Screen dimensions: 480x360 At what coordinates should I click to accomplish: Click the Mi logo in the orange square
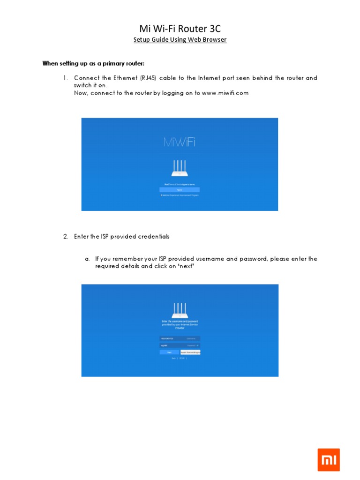tap(328, 460)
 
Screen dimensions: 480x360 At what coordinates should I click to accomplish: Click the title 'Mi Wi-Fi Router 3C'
tap(180, 29)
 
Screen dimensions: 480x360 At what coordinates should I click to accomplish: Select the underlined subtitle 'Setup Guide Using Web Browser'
tap(180, 40)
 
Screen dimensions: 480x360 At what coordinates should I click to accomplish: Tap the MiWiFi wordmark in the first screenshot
tap(180, 142)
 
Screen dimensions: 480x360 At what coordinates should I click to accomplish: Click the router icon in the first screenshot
tap(180, 169)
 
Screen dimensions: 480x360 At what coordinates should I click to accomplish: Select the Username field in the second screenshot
tap(180, 338)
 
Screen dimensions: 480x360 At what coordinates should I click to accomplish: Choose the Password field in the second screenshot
tap(180, 345)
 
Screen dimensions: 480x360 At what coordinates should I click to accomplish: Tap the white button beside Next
tap(190, 352)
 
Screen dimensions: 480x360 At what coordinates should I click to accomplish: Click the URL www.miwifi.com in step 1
tap(225, 93)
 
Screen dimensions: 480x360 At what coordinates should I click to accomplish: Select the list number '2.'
tap(66, 237)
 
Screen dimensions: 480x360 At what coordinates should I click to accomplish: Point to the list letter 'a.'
tap(87, 259)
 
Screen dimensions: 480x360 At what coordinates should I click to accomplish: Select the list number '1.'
tap(66, 78)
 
